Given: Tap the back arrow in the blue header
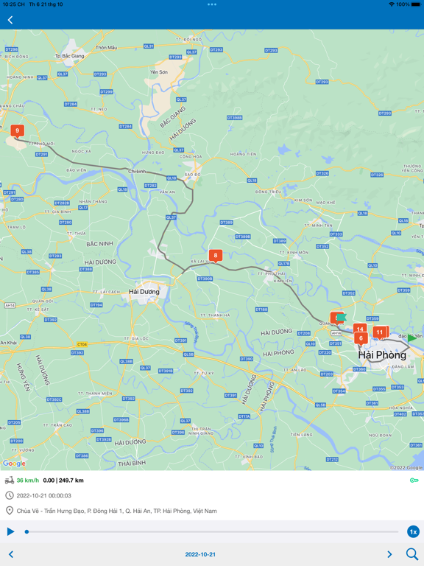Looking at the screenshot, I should [10, 20].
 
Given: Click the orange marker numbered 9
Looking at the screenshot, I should [17, 131].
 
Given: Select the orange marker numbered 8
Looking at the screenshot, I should [215, 256].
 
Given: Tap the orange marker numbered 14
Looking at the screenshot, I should [359, 329].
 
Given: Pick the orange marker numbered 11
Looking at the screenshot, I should [380, 332].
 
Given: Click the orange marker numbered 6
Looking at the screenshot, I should [361, 338].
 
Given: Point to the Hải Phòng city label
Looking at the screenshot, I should [382, 355].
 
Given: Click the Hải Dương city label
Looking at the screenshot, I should [144, 291].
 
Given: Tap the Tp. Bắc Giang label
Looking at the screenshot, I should [68, 56].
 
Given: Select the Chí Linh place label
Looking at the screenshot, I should [137, 171].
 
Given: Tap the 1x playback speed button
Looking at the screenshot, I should [413, 531].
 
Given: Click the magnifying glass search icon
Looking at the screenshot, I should [412, 554].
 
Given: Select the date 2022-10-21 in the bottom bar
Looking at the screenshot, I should [200, 554].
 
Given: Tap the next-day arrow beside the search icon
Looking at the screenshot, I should [389, 554].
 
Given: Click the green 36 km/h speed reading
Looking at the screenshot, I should [28, 481].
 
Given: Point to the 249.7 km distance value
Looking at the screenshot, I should [71, 481].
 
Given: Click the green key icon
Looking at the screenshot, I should [414, 481].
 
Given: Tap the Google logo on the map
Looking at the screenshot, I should [14, 464].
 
